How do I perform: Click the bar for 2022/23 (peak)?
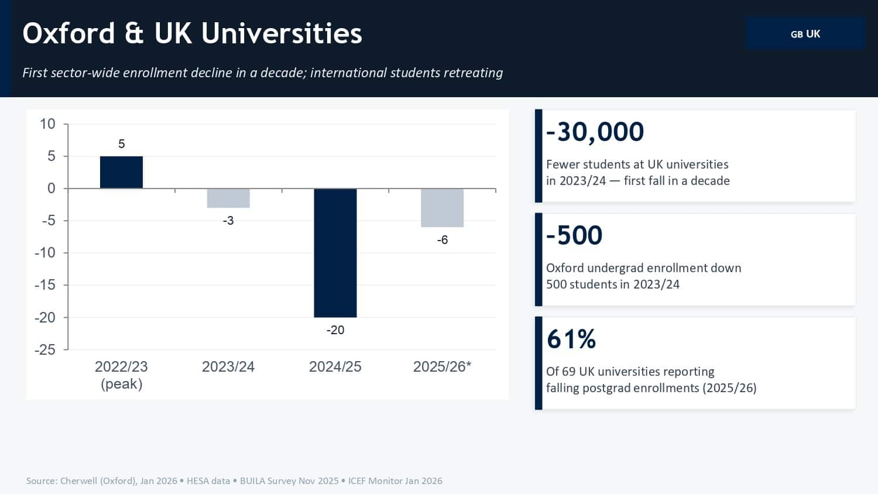(x=121, y=172)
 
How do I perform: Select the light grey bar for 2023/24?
(x=228, y=198)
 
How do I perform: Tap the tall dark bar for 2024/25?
(x=335, y=253)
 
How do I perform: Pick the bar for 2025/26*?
(x=442, y=208)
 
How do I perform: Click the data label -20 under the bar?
(x=335, y=330)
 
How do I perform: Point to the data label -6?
(x=442, y=240)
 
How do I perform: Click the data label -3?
(x=228, y=221)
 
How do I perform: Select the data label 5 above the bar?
(x=121, y=144)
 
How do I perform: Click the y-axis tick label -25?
(x=45, y=350)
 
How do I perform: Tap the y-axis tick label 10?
(x=47, y=124)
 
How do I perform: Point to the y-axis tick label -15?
(x=45, y=285)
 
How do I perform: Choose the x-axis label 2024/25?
(x=335, y=367)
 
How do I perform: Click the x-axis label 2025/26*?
(x=442, y=367)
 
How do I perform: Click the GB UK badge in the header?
(x=805, y=34)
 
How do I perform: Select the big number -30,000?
(x=595, y=132)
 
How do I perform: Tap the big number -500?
(x=574, y=235)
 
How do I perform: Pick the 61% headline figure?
(x=571, y=339)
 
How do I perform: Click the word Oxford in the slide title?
(x=68, y=33)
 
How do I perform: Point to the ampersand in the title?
(x=134, y=33)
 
